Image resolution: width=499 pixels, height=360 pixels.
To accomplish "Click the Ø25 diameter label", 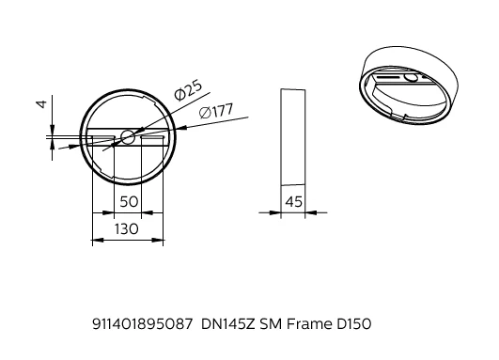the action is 188,90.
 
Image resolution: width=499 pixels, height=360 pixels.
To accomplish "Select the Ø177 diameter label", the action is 216,111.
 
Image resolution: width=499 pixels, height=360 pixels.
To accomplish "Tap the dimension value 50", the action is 129,201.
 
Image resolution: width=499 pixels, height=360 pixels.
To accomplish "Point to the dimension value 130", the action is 127,228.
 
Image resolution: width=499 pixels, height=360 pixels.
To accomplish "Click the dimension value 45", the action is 293,201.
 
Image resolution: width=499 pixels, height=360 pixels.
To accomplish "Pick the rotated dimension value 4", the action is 41,104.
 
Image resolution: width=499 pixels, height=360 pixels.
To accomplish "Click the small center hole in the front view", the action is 128,137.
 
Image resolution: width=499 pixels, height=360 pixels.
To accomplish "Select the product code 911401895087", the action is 143,324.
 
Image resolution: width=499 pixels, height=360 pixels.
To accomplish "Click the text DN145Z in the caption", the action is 228,324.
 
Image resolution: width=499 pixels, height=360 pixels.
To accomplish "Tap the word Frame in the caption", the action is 309,324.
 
